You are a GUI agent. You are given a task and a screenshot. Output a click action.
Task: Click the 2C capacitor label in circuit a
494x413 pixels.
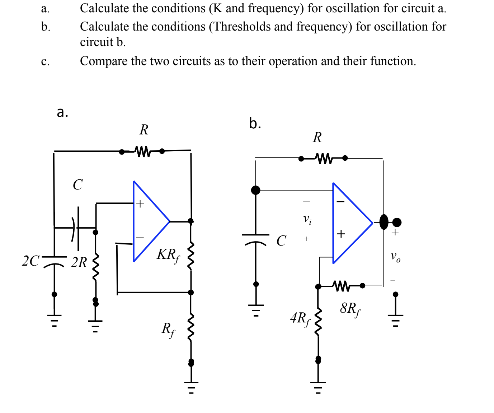pos(31,261)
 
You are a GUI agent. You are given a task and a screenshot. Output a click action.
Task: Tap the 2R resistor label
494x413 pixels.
pos(79,262)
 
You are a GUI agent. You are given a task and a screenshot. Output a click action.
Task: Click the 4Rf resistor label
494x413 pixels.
pos(300,318)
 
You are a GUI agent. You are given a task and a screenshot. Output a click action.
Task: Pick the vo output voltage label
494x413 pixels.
pos(395,257)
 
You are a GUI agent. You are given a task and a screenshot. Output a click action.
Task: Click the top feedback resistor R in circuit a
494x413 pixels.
pos(142,151)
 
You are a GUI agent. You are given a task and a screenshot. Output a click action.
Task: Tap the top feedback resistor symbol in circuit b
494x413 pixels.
pos(324,158)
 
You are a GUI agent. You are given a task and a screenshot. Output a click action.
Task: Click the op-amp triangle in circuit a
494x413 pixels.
pos(149,221)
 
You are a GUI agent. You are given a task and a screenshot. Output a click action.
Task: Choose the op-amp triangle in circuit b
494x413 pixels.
pos(350,223)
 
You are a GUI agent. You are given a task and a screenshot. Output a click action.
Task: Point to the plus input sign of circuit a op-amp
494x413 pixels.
pos(140,204)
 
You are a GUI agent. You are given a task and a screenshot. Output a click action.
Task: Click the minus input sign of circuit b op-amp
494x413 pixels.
pos(340,202)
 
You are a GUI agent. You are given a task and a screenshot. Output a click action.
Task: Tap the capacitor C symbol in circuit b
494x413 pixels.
pos(256,239)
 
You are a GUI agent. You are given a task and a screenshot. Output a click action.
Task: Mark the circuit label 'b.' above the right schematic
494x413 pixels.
pos(255,123)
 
